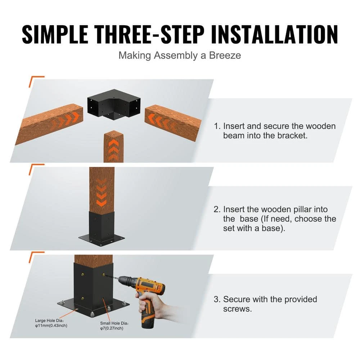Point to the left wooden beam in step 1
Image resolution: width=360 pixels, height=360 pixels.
point(49,123)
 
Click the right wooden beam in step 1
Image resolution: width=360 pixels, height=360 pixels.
point(173,122)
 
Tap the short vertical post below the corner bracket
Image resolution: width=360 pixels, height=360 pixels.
point(113,147)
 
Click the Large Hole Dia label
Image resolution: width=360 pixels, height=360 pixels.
point(51,323)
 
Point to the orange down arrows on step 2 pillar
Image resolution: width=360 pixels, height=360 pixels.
point(102,195)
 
